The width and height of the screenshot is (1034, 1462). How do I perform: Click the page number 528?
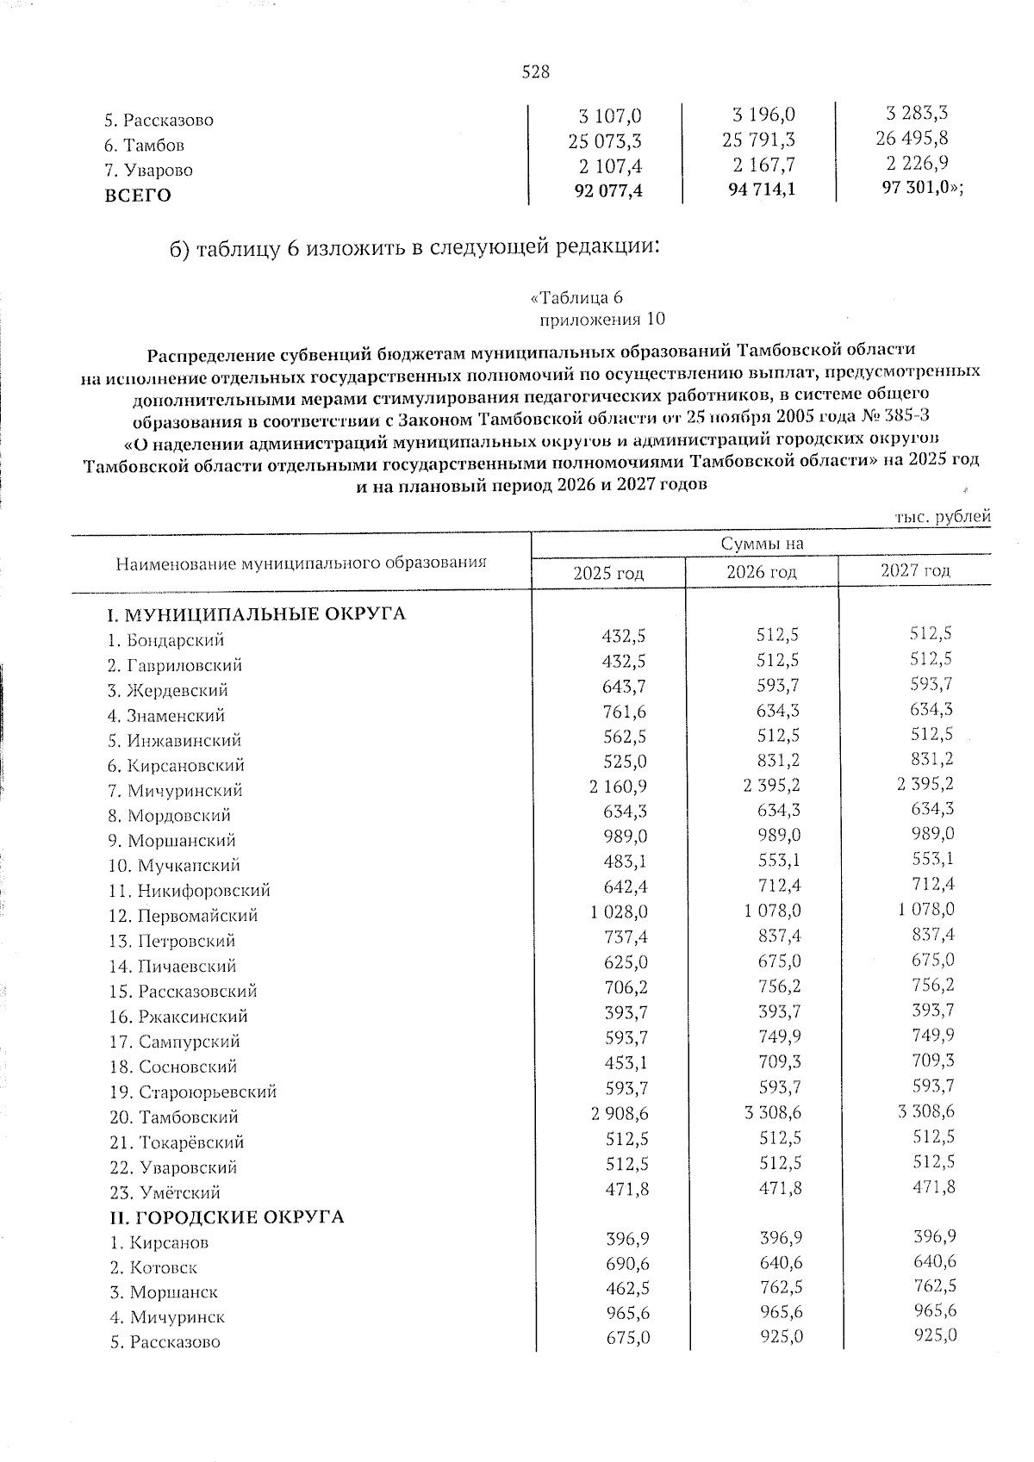[535, 72]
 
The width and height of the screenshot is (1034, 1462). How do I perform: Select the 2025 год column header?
[608, 573]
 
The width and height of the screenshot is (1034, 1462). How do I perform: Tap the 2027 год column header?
[915, 570]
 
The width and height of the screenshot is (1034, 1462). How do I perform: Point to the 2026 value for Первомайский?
[770, 911]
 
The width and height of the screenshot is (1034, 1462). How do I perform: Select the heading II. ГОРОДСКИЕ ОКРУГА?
[225, 1216]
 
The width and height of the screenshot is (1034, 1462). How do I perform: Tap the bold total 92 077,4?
[608, 190]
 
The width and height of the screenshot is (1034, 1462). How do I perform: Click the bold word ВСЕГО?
[138, 195]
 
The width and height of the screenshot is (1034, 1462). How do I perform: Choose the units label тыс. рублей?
[943, 516]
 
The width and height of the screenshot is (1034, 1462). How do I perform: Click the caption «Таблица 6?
[576, 297]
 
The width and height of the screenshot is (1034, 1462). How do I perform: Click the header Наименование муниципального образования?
[301, 563]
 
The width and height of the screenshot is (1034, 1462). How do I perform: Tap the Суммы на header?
[762, 543]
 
